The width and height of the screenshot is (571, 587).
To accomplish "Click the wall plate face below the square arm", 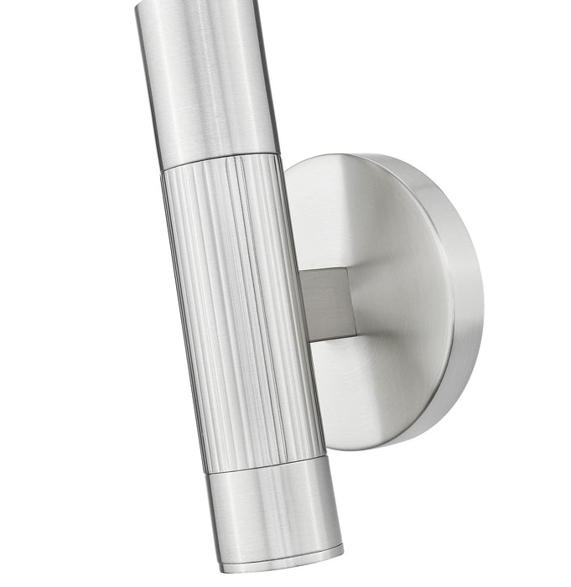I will coord(377,386).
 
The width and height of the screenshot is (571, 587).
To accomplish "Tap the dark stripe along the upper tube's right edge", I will coord(270,75).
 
